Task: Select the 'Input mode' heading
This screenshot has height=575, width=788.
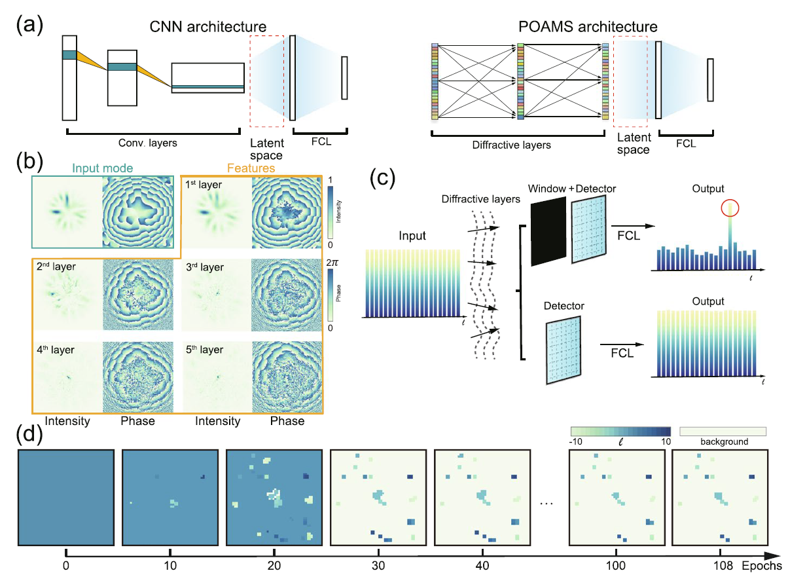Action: pyautogui.click(x=101, y=168)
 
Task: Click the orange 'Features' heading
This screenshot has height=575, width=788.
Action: pyautogui.click(x=251, y=168)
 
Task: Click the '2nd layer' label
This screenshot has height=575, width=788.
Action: pyautogui.click(x=55, y=267)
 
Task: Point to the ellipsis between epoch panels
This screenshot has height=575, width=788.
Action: pyautogui.click(x=545, y=502)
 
